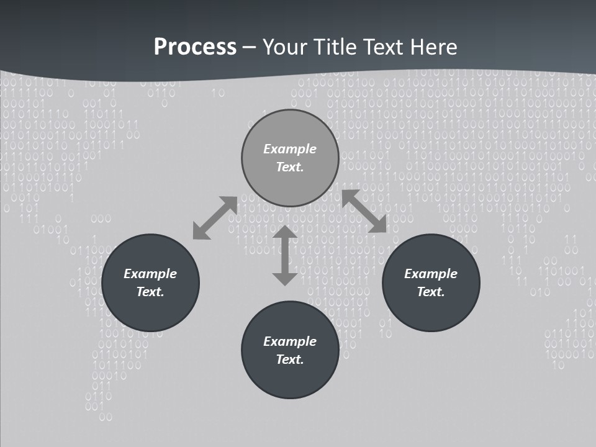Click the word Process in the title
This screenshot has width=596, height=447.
point(195,47)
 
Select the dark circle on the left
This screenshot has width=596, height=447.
point(150,310)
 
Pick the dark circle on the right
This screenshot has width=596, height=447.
point(431,310)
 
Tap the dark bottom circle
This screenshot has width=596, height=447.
point(290,379)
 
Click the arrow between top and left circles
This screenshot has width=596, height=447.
point(215,218)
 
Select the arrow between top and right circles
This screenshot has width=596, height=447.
point(364,211)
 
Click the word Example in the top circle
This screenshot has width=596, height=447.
point(290,149)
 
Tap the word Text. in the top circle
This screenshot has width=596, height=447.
point(290,167)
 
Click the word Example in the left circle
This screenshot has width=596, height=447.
point(150,274)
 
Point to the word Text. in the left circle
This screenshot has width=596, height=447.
point(150,292)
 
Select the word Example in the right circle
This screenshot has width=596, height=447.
point(431,274)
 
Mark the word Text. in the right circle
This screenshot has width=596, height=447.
point(431,292)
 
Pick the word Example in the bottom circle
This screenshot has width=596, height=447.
point(290,341)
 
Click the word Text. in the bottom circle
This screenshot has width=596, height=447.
point(290,359)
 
